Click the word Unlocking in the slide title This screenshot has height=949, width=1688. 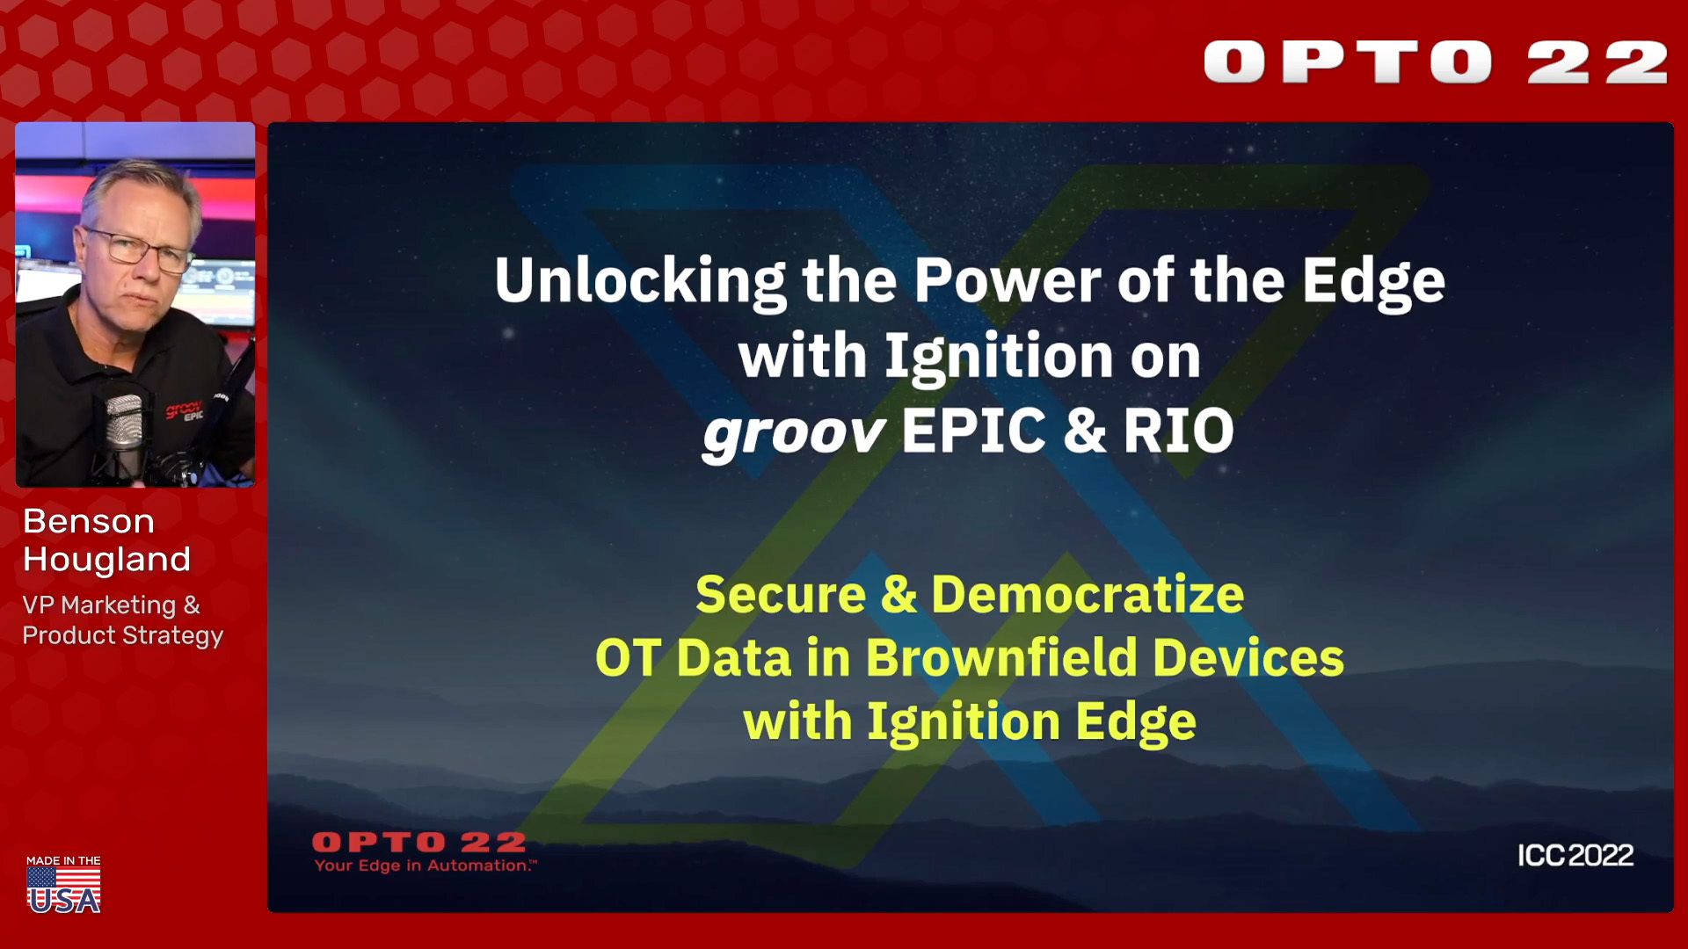click(x=640, y=281)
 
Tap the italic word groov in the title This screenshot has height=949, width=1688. click(x=793, y=432)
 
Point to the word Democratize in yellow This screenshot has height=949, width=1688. click(x=1088, y=594)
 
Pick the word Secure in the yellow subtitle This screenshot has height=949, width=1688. click(x=781, y=594)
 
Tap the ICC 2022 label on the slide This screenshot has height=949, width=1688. click(x=1575, y=855)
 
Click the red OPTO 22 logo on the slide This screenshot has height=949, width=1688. click(x=419, y=843)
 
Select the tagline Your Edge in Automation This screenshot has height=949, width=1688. click(x=426, y=866)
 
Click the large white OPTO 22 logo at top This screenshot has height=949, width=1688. click(x=1436, y=62)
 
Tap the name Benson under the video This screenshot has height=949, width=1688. click(x=89, y=521)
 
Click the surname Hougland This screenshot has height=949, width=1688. click(x=106, y=560)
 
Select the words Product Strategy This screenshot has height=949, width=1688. click(x=123, y=635)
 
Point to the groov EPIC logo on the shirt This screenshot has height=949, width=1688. click(x=186, y=410)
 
